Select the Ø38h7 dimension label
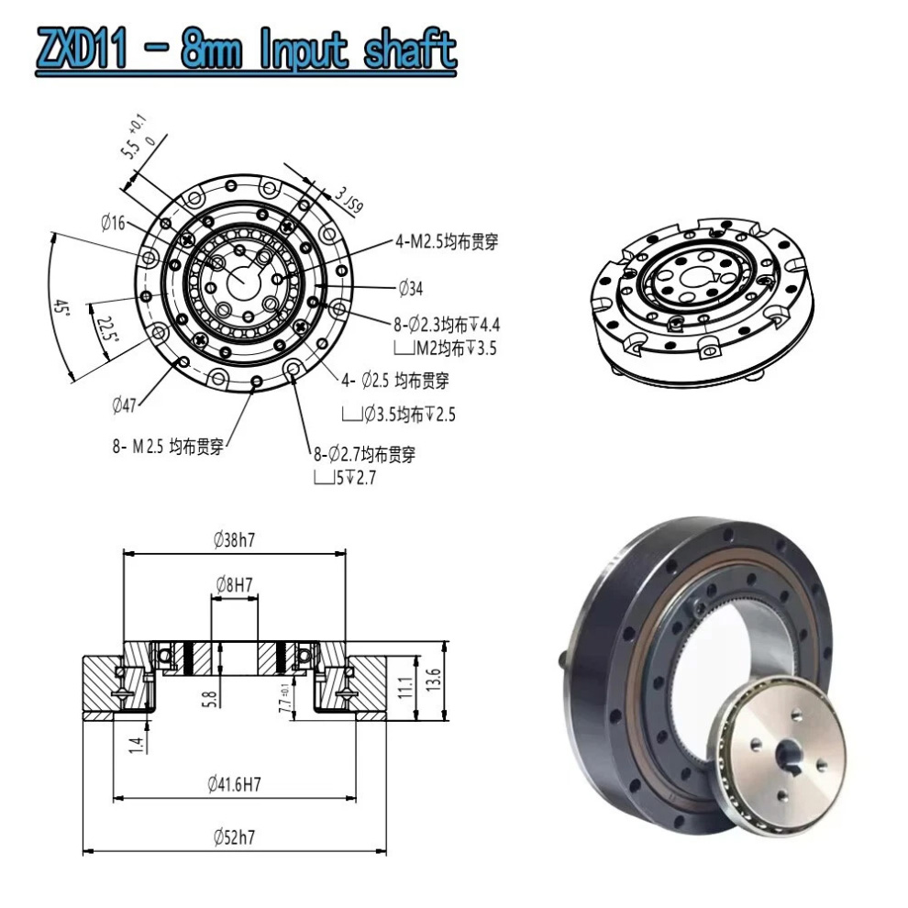click(x=234, y=540)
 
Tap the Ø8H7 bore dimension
click(x=235, y=583)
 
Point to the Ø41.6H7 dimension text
click(x=234, y=784)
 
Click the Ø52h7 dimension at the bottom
click(x=234, y=837)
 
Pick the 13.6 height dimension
click(x=434, y=681)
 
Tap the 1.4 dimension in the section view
click(x=137, y=744)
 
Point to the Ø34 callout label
click(x=410, y=290)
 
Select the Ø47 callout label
click(x=126, y=404)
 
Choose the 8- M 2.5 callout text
click(x=169, y=447)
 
